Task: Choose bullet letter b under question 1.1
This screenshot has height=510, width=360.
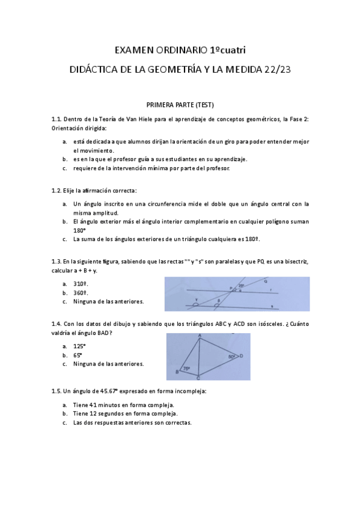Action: (x=64, y=159)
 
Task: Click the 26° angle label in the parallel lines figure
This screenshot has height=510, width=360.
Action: (x=240, y=286)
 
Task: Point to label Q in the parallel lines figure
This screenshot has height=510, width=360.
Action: (x=266, y=280)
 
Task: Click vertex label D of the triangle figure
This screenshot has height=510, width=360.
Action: (x=241, y=356)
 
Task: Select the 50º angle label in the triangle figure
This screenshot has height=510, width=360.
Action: (x=231, y=356)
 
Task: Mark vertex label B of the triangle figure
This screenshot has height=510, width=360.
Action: (x=177, y=372)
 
